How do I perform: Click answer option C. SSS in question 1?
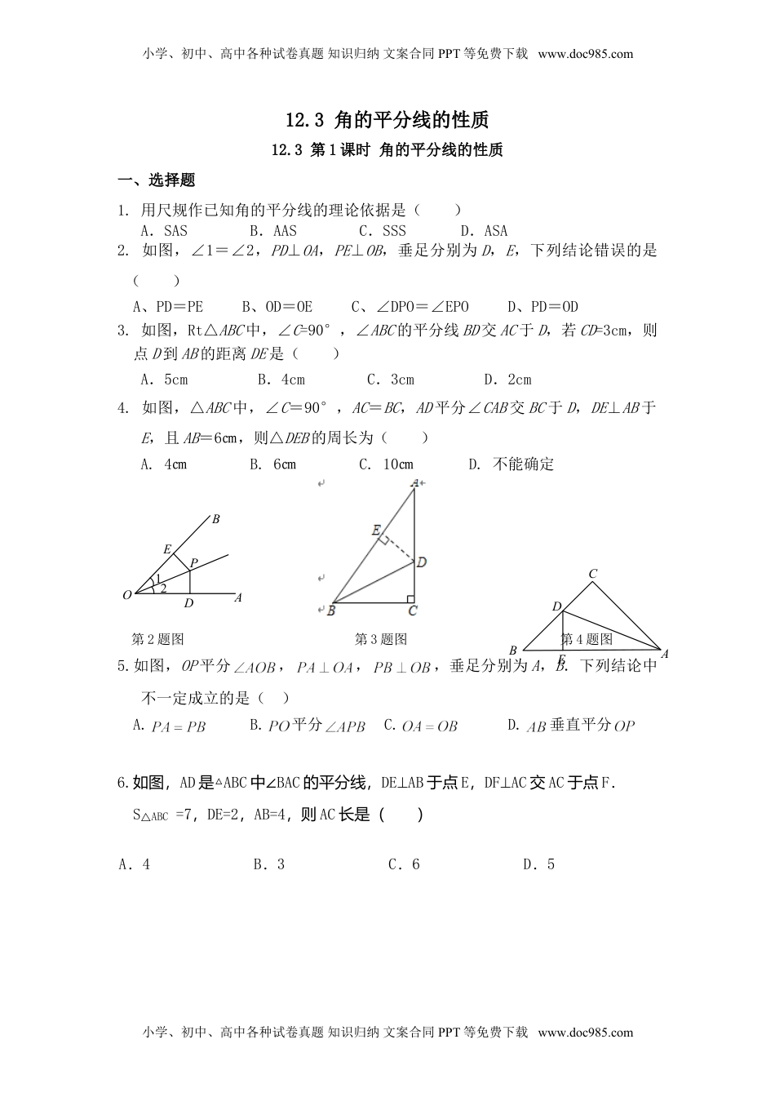382,231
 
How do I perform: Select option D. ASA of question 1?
484,231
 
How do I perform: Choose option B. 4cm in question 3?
281,380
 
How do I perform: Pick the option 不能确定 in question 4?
523,464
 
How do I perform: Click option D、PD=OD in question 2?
543,307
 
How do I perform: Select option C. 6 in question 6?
404,864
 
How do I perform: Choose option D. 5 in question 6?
538,864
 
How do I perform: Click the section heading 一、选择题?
157,180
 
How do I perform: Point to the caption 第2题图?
157,639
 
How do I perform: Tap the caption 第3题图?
381,639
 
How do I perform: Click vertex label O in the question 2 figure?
127,596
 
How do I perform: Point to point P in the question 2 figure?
193,562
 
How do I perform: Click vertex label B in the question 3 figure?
331,609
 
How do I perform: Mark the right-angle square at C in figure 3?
410,602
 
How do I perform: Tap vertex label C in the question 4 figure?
593,574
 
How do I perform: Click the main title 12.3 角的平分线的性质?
387,120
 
